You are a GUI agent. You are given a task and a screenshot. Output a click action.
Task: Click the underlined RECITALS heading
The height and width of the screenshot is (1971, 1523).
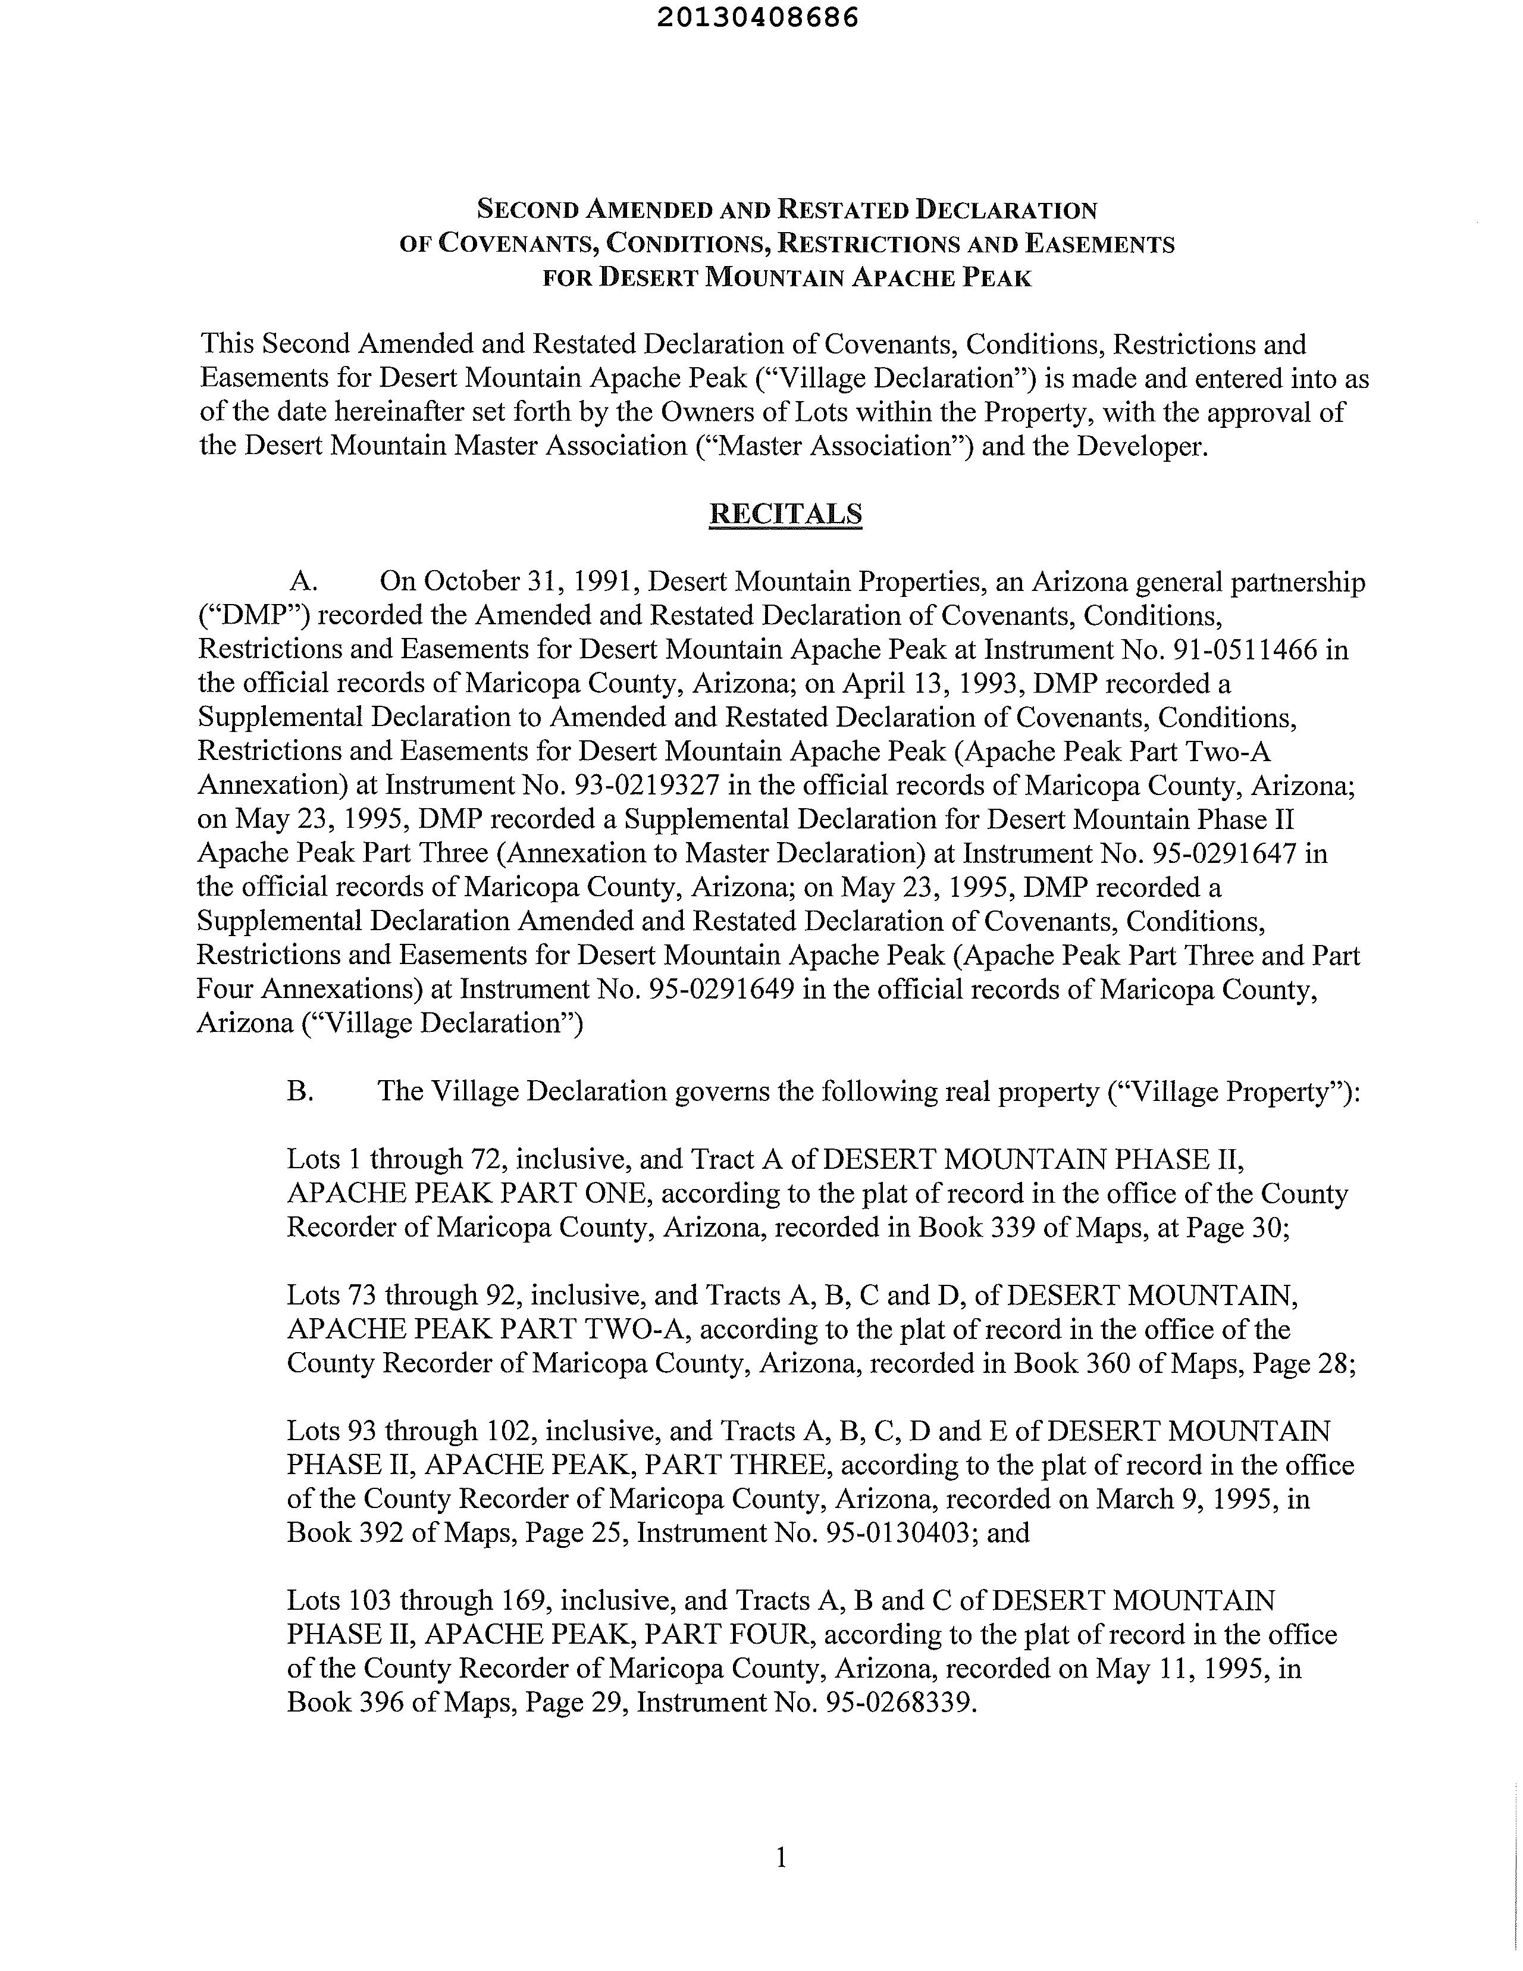(x=785, y=514)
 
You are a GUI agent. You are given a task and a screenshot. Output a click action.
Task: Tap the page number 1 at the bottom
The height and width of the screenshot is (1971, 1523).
(x=781, y=1858)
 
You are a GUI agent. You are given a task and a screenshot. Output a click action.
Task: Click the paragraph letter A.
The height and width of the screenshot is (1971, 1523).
(x=300, y=582)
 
